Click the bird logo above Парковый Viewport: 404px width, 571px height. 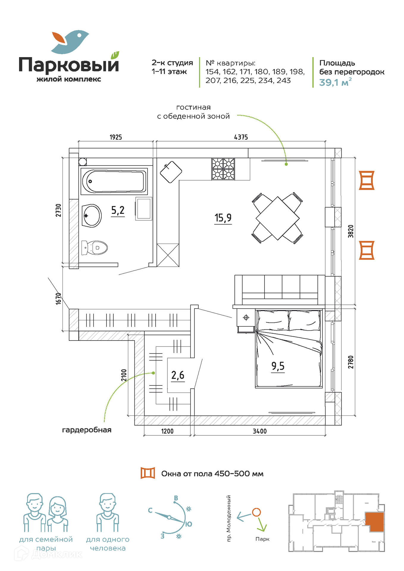click(70, 42)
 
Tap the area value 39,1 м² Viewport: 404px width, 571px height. click(335, 82)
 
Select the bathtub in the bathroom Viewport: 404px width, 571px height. click(114, 181)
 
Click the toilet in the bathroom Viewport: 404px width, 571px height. click(95, 248)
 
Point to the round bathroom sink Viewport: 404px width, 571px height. click(92, 216)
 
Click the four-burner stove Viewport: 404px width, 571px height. click(223, 169)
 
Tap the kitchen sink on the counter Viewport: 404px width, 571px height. click(171, 172)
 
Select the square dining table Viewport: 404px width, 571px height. click(278, 218)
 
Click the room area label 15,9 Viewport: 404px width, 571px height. click(223, 218)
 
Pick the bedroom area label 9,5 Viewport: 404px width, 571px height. click(278, 366)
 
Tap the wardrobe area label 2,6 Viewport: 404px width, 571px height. click(178, 375)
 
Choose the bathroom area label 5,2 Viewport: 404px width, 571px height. click(118, 210)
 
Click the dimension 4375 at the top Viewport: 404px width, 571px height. click(241, 137)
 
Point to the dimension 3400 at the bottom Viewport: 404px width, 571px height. click(259, 431)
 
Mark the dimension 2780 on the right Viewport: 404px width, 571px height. click(351, 362)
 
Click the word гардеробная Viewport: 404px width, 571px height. click(87, 430)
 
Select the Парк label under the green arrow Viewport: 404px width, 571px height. click(262, 539)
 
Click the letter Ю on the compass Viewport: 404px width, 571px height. click(188, 524)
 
